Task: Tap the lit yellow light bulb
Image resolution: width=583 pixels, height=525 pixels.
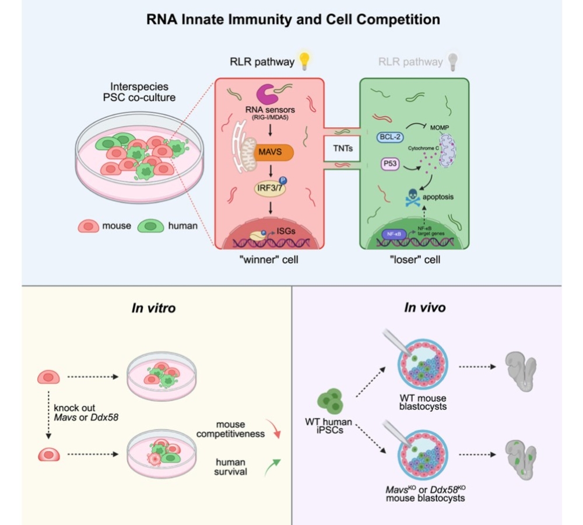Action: [304, 60]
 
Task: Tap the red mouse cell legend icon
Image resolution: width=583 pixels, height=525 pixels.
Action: [89, 226]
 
